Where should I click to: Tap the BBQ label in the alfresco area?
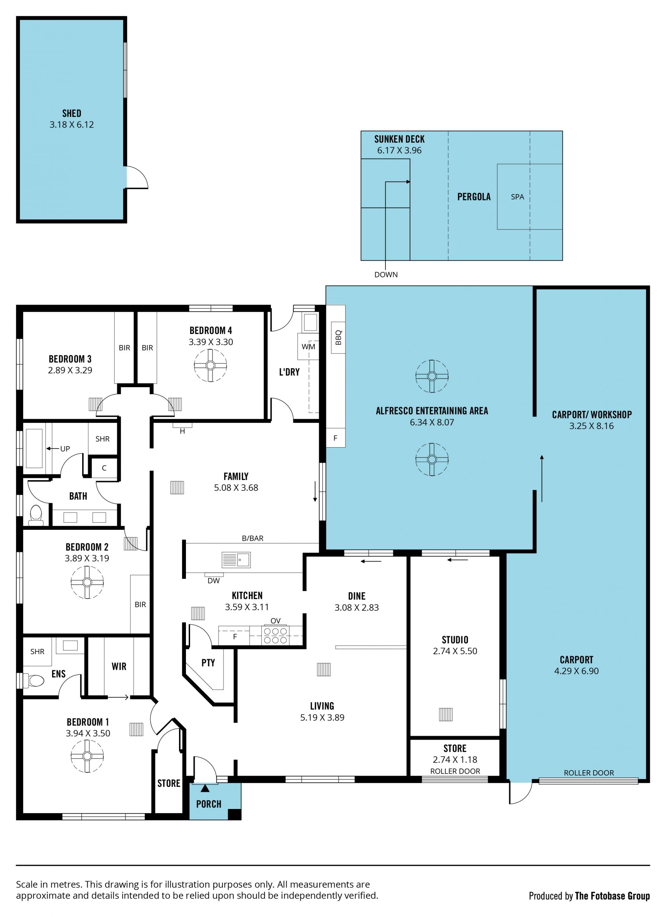339,337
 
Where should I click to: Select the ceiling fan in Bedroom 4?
210,366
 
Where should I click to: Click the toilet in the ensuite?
34,681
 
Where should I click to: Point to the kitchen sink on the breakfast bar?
236,560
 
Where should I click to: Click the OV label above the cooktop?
275,620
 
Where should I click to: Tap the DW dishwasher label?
214,581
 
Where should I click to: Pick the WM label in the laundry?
309,347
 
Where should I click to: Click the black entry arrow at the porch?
205,788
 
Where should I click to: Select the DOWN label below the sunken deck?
386,275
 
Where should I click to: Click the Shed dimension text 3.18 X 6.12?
72,125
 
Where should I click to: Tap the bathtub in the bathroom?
34,448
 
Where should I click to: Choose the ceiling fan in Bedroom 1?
87,756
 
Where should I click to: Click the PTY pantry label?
208,663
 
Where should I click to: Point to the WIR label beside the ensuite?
119,666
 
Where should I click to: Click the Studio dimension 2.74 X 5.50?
455,651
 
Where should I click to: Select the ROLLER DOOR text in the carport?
589,773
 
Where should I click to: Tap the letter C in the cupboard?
104,468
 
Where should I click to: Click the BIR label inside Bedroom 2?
140,605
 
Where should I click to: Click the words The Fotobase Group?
612,895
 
